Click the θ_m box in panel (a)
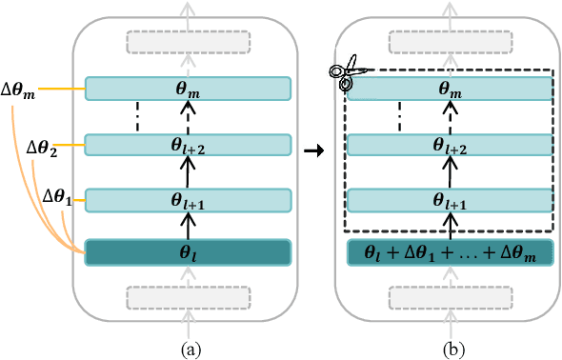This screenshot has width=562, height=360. pyautogui.click(x=187, y=89)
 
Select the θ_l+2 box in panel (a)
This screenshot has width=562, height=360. pyautogui.click(x=187, y=145)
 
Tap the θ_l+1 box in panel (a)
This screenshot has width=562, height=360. pyautogui.click(x=187, y=200)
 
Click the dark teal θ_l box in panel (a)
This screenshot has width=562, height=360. pyautogui.click(x=187, y=253)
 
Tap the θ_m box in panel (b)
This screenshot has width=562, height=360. pyautogui.click(x=449, y=89)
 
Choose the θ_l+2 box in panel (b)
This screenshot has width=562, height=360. pyautogui.click(x=449, y=145)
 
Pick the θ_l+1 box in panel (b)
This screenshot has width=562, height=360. pyautogui.click(x=449, y=200)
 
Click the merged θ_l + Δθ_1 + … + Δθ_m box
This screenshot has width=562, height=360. pyautogui.click(x=449, y=253)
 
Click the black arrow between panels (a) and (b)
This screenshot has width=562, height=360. pyautogui.click(x=311, y=150)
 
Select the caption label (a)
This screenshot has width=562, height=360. pyautogui.click(x=187, y=349)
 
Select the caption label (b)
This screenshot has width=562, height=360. pyautogui.click(x=449, y=349)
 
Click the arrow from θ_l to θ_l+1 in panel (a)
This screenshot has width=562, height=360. pyautogui.click(x=187, y=227)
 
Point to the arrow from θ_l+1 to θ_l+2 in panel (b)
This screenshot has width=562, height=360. pyautogui.click(x=449, y=172)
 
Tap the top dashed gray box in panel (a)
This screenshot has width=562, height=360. pyautogui.click(x=187, y=43)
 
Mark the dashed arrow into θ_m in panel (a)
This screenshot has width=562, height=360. pyautogui.click(x=187, y=116)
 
